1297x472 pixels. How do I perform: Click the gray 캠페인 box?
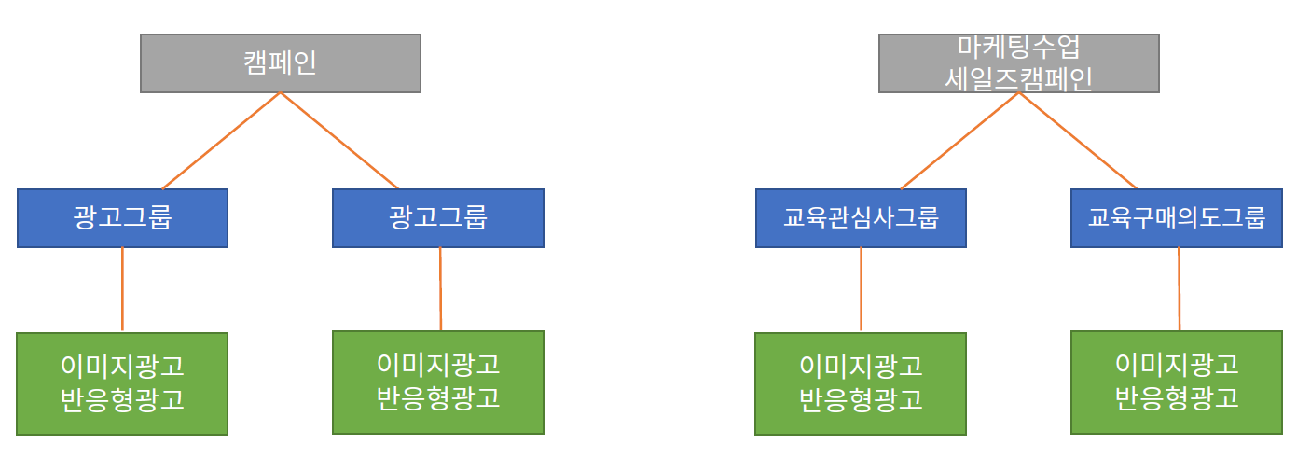(x=280, y=63)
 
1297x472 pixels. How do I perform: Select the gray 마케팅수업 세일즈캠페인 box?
(x=1018, y=63)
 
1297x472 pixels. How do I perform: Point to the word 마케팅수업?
(x=1018, y=46)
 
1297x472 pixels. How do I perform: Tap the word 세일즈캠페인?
(x=1018, y=78)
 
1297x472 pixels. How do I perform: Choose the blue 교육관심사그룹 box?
(x=861, y=218)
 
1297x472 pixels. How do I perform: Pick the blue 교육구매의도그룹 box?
(x=1176, y=218)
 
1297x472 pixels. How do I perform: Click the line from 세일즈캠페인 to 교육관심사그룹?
(x=960, y=141)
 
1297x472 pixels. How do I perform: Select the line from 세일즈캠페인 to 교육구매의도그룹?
(x=1078, y=141)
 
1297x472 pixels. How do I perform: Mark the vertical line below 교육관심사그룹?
(x=861, y=289)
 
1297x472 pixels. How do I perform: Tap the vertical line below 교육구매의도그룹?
(x=1179, y=289)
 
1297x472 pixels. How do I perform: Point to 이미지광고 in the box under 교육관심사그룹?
(x=861, y=365)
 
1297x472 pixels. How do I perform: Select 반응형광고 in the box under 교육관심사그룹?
(x=861, y=399)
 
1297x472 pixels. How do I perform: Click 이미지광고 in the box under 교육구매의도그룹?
(x=1176, y=363)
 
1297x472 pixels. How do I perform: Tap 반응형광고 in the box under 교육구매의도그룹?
(x=1176, y=397)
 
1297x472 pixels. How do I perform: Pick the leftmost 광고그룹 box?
(x=122, y=218)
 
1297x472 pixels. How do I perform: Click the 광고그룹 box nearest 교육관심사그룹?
(x=438, y=218)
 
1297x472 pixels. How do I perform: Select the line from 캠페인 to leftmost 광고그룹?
(x=221, y=141)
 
